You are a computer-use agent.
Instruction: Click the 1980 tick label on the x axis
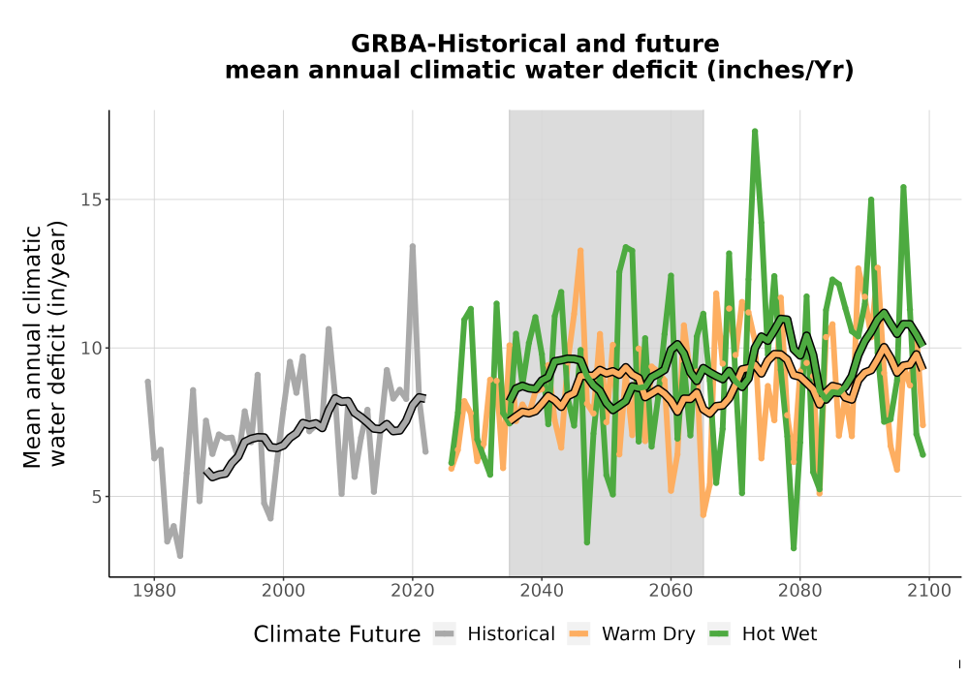[x=154, y=591]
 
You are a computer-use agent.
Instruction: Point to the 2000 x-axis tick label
[x=283, y=591]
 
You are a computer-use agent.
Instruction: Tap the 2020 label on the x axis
[x=412, y=591]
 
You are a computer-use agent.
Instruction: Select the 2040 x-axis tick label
[x=542, y=591]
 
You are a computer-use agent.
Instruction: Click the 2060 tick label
[x=671, y=591]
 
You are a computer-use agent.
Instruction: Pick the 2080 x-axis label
[x=799, y=591]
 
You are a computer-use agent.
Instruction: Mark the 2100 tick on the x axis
[x=929, y=591]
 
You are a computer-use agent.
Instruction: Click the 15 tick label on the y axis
[x=91, y=200]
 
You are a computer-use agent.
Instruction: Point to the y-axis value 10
[x=91, y=349]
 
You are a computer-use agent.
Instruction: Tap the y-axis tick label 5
[x=97, y=497]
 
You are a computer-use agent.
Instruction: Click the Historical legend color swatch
[x=445, y=634]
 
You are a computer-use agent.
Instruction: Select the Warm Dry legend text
[x=648, y=634]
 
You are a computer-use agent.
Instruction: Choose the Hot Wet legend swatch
[x=719, y=634]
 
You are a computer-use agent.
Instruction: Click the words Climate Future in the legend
[x=337, y=634]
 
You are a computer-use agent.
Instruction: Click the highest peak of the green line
[x=755, y=132]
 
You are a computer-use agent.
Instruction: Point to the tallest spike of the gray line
[x=412, y=246]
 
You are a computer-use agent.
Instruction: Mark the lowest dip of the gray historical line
[x=180, y=556]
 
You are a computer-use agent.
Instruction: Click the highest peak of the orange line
[x=580, y=251]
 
